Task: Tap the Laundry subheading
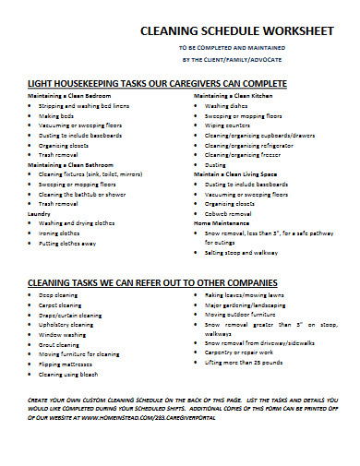40,213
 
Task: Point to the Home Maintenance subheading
222,222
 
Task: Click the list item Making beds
57,116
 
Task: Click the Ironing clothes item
62,233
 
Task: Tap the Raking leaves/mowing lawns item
248,293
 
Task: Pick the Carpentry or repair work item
246,352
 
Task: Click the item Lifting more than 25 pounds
250,363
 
